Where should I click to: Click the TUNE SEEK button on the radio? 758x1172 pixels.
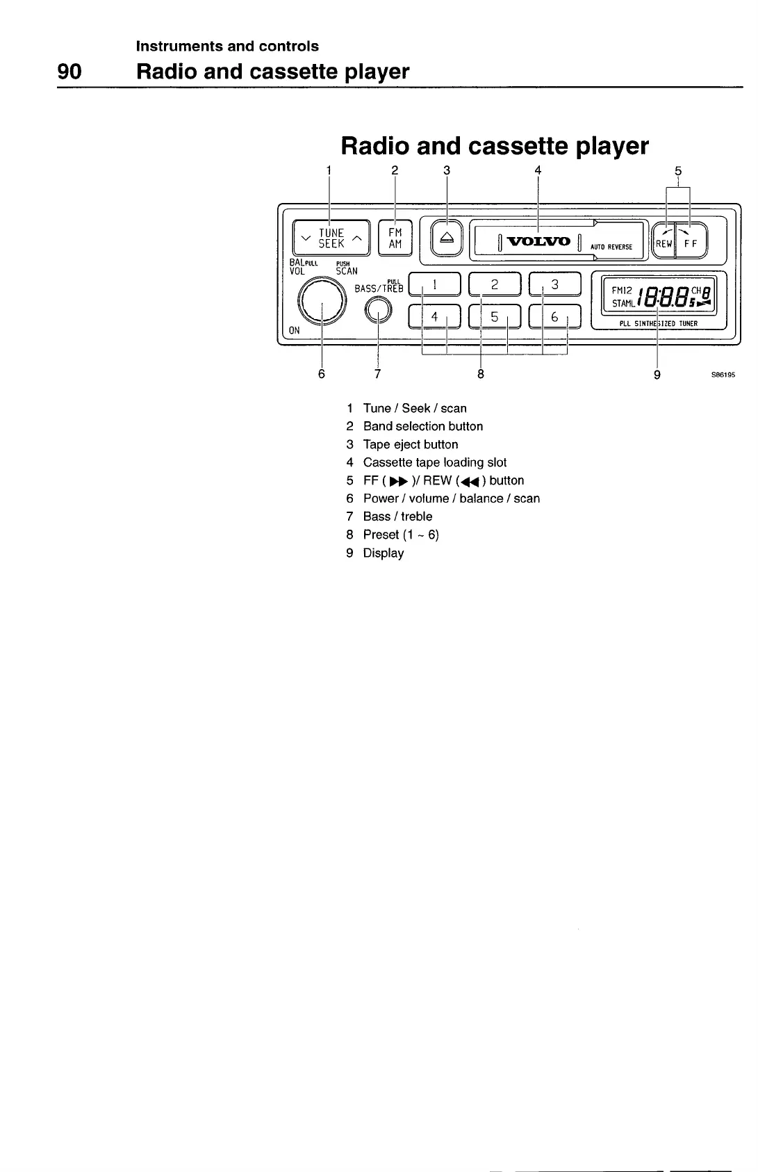tap(331, 238)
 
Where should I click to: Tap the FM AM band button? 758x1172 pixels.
tap(395, 238)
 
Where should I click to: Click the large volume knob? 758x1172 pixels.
tap(322, 301)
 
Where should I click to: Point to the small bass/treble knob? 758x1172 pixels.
tap(377, 311)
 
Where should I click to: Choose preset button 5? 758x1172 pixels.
tap(495, 316)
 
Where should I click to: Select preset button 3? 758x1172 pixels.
tap(554, 284)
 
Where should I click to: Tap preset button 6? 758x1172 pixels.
tap(554, 316)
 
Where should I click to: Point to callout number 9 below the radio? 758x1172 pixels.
tap(657, 374)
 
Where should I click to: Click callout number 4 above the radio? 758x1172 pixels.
tap(538, 170)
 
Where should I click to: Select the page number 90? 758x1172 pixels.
tap(69, 72)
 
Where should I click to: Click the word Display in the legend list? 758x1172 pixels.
tap(384, 553)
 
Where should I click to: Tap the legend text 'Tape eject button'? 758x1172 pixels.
tap(411, 445)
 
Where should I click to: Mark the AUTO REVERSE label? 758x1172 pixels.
tap(611, 247)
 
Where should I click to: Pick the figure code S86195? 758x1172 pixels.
tap(722, 375)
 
